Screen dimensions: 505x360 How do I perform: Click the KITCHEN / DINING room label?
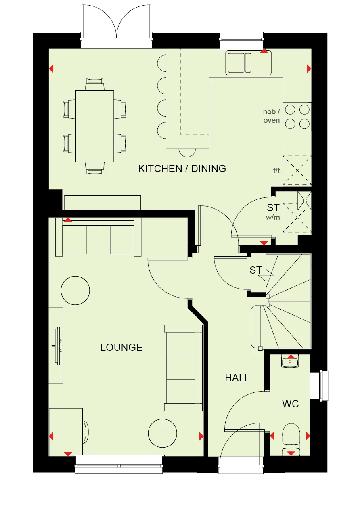[x=182, y=168]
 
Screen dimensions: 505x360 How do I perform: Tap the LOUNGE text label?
[x=121, y=347]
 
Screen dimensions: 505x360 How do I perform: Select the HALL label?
[x=237, y=378]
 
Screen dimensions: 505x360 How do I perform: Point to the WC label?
[x=290, y=404]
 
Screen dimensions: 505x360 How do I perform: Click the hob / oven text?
[x=271, y=116]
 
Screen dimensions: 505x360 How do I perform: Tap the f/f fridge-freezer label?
[x=276, y=170]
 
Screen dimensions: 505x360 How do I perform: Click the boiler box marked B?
[x=305, y=201]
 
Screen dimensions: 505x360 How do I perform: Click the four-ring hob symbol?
[x=297, y=116]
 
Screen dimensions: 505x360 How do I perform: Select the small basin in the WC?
[x=290, y=362]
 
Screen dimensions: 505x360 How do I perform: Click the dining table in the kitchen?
[x=95, y=126]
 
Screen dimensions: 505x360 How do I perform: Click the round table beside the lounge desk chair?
[x=162, y=433]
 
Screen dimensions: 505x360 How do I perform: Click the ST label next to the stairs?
[x=256, y=270]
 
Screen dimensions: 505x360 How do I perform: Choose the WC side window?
[x=319, y=386]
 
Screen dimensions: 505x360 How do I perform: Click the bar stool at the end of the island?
[x=187, y=152]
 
